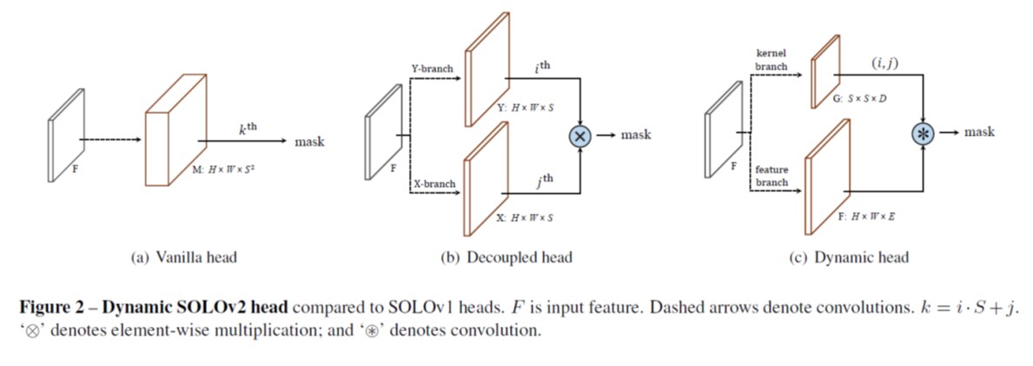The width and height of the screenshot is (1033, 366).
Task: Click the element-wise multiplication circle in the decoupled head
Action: (x=579, y=136)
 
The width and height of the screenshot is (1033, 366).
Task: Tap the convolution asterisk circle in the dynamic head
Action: (x=921, y=133)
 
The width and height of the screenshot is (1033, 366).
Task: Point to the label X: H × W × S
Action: (x=525, y=217)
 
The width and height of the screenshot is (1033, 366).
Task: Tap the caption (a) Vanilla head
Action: (x=182, y=256)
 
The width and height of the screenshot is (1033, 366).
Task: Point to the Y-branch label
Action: (x=432, y=67)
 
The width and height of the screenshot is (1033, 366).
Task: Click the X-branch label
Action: (x=434, y=184)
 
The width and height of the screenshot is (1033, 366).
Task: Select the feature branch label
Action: (x=771, y=176)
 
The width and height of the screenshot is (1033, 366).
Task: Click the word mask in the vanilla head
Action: (x=309, y=142)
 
